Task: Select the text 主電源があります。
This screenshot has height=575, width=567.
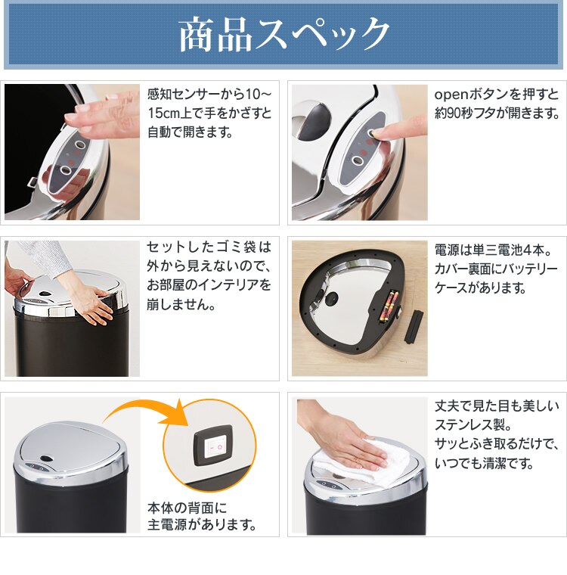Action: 202,524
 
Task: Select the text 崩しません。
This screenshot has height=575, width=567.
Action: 184,304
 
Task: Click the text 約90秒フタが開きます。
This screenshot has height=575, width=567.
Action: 497,113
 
